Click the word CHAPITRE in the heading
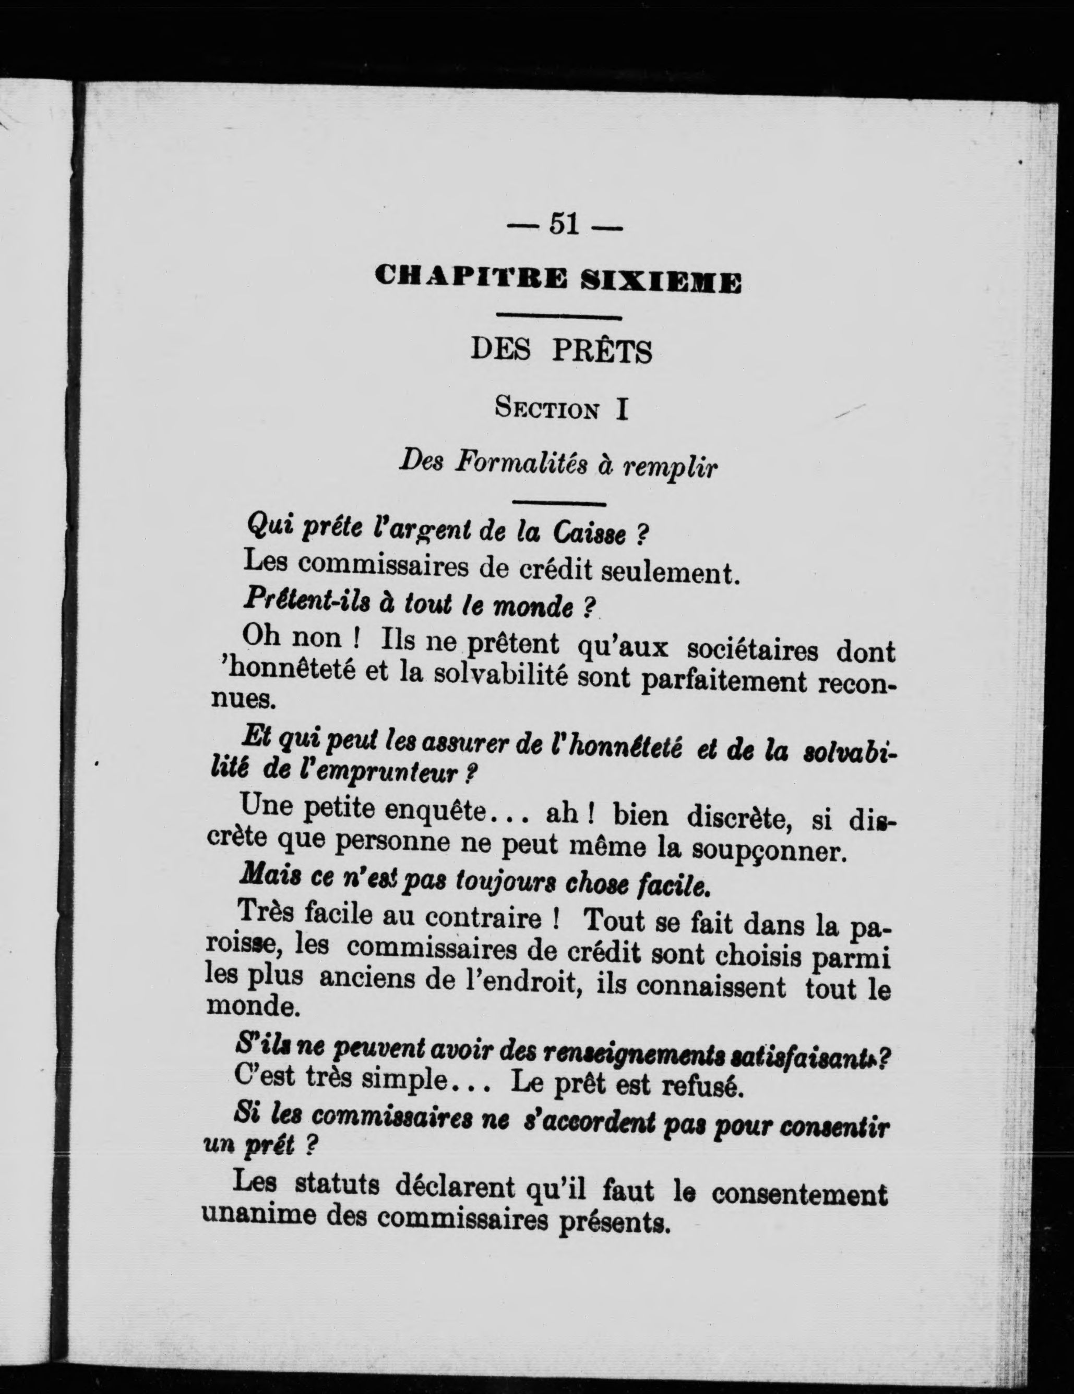[x=471, y=279]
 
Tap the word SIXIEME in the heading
[x=662, y=282]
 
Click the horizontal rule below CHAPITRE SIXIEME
[x=559, y=317]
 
